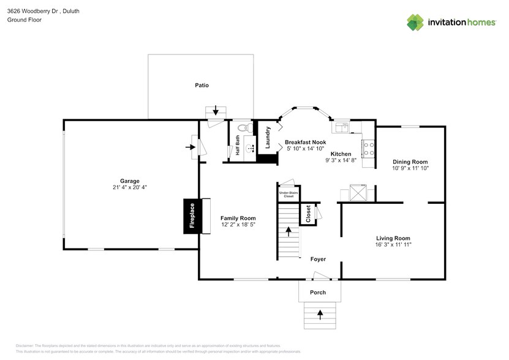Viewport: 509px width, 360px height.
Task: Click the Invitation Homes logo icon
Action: click(415, 23)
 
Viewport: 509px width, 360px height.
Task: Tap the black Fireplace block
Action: click(192, 216)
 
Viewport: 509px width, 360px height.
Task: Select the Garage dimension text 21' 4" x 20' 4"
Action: click(129, 187)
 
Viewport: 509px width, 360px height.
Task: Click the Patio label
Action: click(202, 85)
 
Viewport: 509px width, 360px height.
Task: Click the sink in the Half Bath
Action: click(250, 148)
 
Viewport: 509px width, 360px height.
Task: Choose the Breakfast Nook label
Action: click(309, 141)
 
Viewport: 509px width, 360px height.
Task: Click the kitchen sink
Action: click(341, 128)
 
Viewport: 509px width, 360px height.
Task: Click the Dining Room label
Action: click(410, 162)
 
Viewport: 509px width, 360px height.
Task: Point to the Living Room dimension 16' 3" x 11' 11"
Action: click(393, 245)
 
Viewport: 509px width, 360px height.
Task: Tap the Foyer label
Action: click(318, 259)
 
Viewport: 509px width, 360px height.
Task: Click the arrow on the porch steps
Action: click(320, 315)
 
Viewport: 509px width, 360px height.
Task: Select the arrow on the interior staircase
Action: click(288, 231)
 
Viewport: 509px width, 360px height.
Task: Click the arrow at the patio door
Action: click(216, 111)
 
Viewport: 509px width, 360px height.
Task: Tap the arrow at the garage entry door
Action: click(190, 147)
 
